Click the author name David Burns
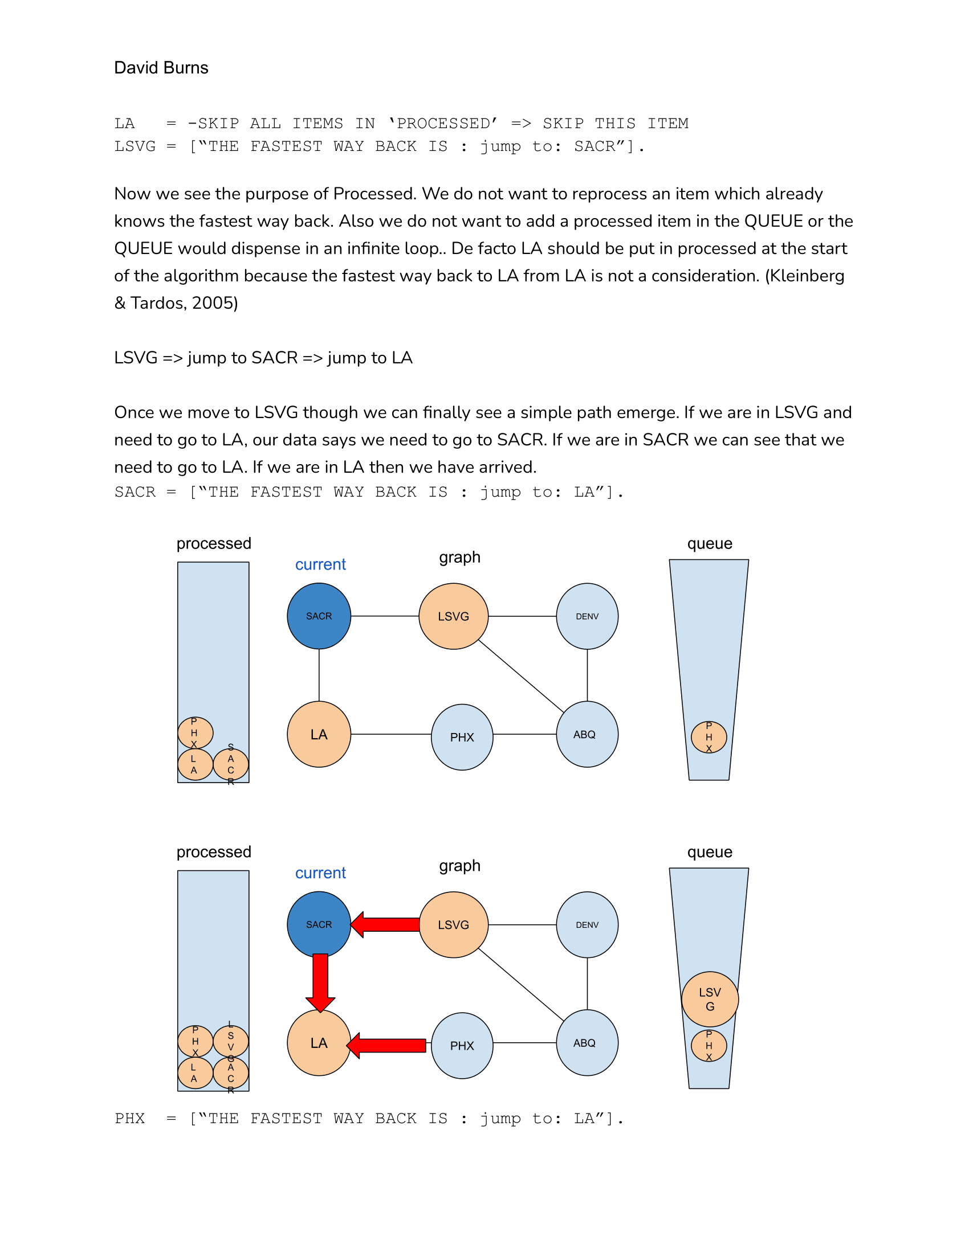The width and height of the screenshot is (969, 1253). click(161, 68)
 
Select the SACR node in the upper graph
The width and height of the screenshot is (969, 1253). click(319, 616)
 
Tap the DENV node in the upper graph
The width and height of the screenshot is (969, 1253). click(587, 616)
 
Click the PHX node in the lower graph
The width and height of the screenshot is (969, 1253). click(462, 1045)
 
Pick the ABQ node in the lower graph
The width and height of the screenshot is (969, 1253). click(587, 1042)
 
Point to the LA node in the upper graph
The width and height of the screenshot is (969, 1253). click(319, 734)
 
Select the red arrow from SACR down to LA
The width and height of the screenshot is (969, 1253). click(320, 982)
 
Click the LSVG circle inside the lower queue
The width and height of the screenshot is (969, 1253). click(710, 999)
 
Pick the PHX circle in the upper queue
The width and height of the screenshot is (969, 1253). click(709, 737)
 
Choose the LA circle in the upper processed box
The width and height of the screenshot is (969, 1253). click(194, 764)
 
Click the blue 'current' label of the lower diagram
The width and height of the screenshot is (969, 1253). click(320, 873)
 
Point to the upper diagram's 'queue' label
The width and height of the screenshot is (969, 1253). click(710, 543)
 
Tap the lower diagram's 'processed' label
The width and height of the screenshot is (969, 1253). click(214, 851)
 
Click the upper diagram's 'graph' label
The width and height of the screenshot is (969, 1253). click(459, 557)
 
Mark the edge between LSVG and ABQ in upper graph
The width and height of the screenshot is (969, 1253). click(520, 676)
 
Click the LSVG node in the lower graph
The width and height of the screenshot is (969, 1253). click(454, 924)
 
